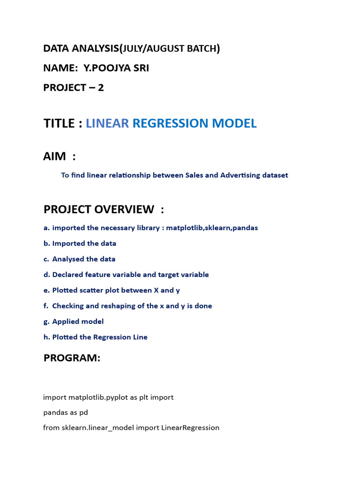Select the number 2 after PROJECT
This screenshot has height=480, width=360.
click(101, 87)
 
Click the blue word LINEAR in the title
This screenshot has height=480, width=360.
click(107, 123)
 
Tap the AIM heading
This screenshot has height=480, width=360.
click(55, 157)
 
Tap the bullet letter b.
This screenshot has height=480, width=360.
click(46, 243)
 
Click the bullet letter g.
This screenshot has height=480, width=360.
click(46, 322)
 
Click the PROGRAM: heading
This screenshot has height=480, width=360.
click(72, 358)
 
